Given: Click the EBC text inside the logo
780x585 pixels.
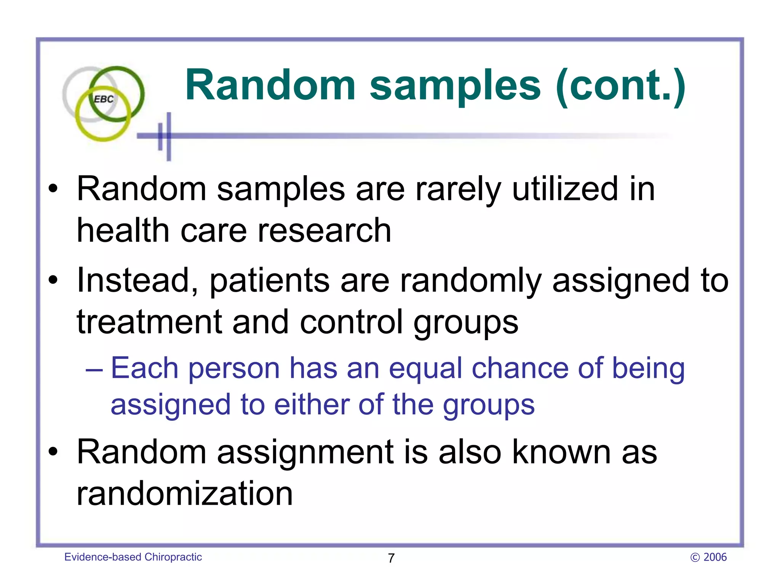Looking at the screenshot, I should click(x=104, y=99).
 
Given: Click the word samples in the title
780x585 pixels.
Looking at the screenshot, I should click(x=455, y=86).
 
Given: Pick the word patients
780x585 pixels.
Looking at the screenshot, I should click(x=270, y=281).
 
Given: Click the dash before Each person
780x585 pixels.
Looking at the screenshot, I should click(x=94, y=369).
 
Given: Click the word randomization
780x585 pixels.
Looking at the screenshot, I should click(x=185, y=494).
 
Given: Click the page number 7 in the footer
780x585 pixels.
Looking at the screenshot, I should click(x=391, y=558).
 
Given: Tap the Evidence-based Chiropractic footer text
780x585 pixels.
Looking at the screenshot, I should click(x=133, y=557).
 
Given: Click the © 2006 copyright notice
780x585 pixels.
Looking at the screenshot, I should click(x=708, y=557).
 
